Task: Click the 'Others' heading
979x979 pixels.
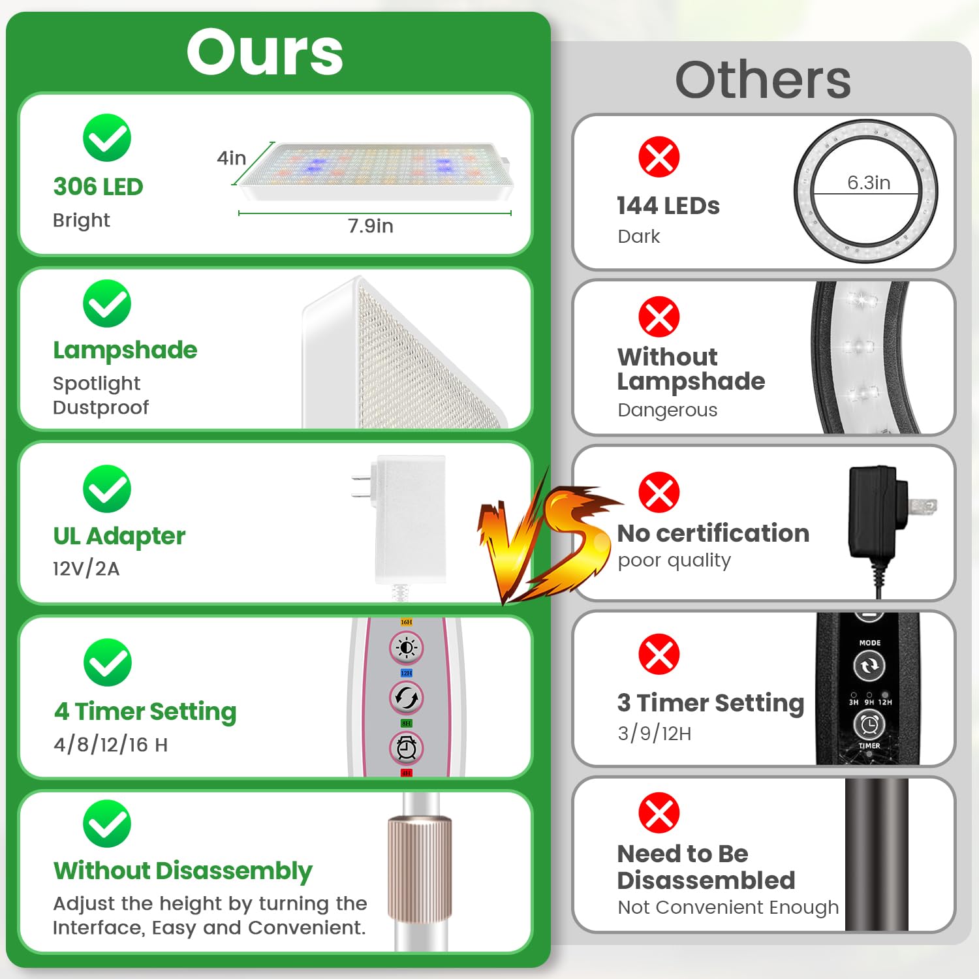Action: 763,80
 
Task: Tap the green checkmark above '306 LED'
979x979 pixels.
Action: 107,138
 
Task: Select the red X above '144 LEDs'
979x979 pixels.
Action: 659,157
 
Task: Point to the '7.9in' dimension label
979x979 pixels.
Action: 370,226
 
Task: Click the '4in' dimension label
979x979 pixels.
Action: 231,158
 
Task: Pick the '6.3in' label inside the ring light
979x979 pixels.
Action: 869,183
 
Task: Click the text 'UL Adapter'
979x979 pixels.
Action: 119,536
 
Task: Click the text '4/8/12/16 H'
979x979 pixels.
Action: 111,744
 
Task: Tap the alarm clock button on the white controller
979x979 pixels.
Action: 407,748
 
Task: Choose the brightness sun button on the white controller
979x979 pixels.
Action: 407,647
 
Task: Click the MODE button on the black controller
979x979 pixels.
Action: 869,666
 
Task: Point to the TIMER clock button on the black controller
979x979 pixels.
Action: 869,724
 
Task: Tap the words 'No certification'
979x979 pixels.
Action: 713,533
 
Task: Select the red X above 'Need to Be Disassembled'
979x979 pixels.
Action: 659,813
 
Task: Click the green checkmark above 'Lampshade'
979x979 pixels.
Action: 107,303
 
